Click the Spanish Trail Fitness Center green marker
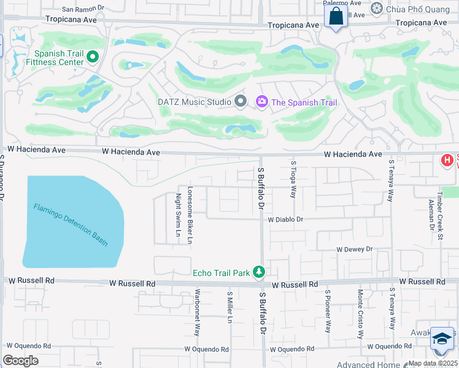tap(93, 57)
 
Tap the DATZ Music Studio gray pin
tap(241, 102)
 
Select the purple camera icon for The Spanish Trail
tap(262, 102)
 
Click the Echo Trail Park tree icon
tap(260, 272)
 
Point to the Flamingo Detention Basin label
tap(71, 224)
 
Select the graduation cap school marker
tap(442, 339)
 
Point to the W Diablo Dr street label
tap(285, 219)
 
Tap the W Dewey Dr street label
tap(354, 249)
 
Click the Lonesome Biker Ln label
tap(190, 215)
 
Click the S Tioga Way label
tap(294, 179)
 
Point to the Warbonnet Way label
tap(198, 316)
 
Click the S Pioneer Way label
tap(328, 311)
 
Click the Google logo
tap(21, 361)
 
